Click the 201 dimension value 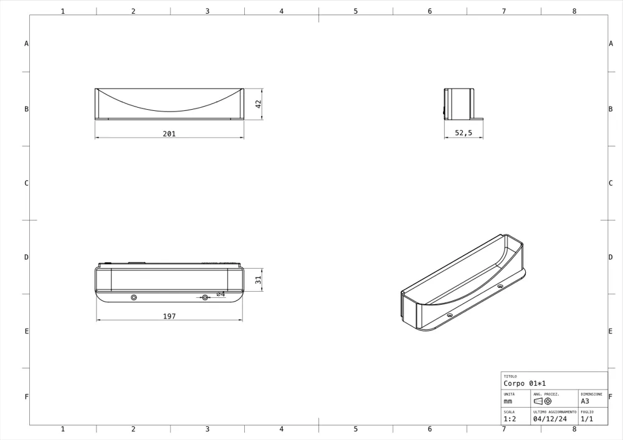pos(169,134)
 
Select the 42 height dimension pos(259,103)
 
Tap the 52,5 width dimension pos(464,133)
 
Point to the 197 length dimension pos(169,317)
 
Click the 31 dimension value pos(259,280)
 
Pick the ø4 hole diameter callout pos(221,294)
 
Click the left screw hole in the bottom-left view pos(134,297)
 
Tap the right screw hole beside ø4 pos(205,297)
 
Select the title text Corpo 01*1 pos(525,383)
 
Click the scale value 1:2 pos(510,419)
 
